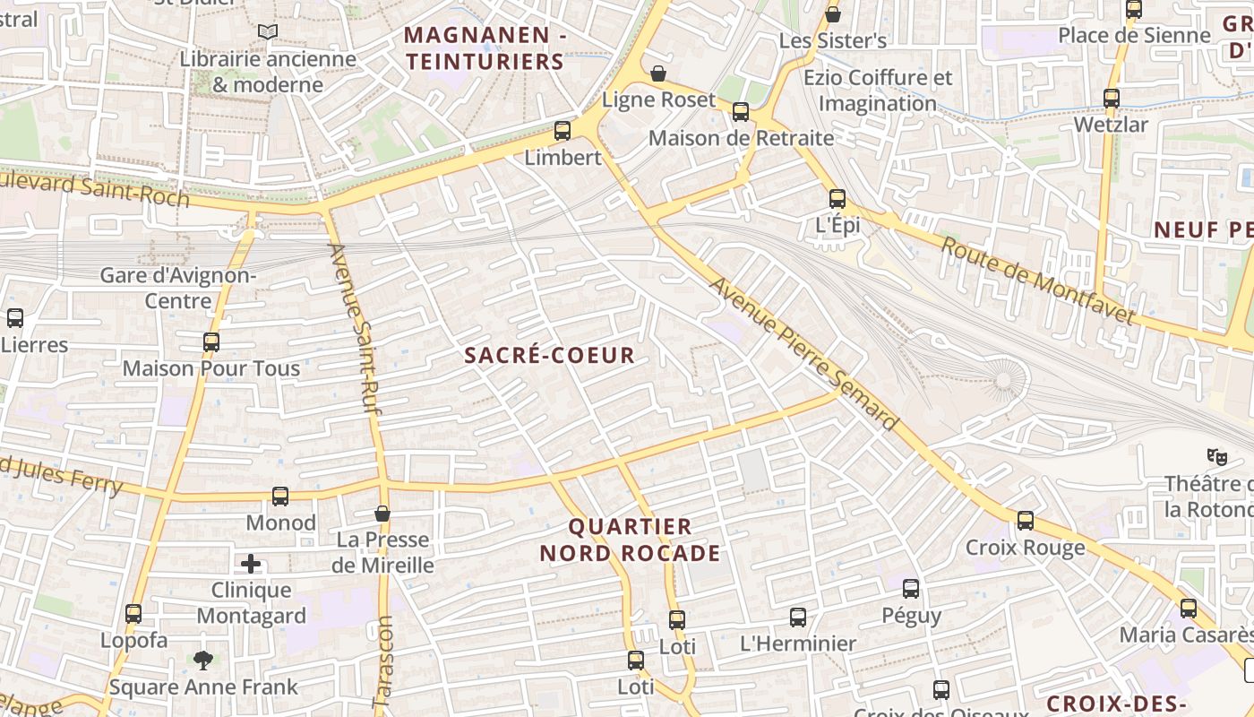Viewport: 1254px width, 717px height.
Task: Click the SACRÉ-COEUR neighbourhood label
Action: click(550, 355)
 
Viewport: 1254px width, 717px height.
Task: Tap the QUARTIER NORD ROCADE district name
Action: click(630, 540)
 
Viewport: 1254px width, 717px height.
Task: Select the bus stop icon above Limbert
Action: click(563, 131)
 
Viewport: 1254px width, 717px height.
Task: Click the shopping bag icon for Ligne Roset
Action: click(658, 73)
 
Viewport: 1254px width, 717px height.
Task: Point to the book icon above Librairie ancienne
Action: click(267, 32)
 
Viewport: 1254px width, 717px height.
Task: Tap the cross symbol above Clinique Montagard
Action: click(251, 564)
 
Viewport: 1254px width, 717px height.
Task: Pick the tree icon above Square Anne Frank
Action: click(203, 661)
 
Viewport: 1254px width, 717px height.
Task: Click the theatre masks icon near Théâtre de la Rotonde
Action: click(1216, 456)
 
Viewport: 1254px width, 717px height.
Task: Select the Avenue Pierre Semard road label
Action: click(803, 353)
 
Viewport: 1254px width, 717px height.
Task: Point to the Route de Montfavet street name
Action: click(1037, 281)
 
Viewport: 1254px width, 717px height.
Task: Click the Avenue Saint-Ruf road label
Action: click(356, 327)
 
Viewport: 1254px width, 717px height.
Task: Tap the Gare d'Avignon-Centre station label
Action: click(177, 287)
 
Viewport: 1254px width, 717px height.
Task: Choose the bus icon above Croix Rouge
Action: click(1026, 521)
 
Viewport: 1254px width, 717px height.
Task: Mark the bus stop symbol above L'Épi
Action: click(837, 199)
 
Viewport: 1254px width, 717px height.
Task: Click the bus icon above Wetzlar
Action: click(1112, 99)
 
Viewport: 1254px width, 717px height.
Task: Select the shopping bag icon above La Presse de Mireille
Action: click(382, 514)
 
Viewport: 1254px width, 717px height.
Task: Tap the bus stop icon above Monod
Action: click(280, 497)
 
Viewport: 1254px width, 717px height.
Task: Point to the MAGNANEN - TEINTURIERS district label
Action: click(485, 48)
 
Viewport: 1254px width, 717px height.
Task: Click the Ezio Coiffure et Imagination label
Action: click(877, 90)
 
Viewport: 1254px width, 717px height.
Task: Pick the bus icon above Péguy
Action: click(911, 589)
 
